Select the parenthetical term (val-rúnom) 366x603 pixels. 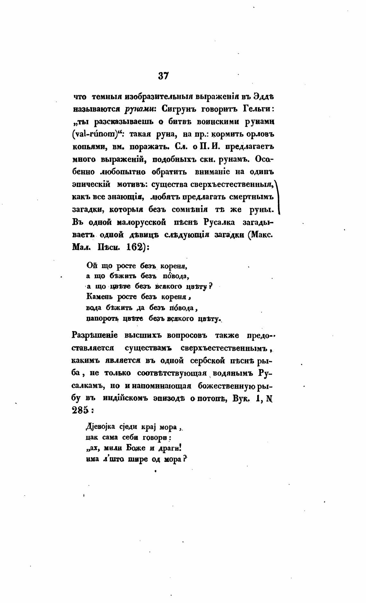94,134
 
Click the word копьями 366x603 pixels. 88,146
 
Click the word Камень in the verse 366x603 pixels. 100,297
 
